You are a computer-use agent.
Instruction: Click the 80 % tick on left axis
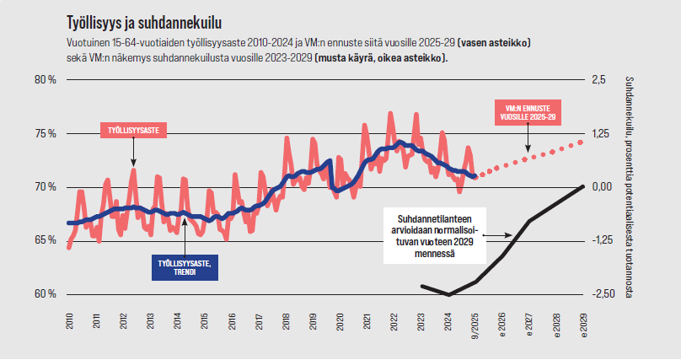coord(45,79)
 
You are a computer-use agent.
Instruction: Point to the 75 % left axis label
coord(45,133)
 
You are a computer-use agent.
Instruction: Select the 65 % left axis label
coord(45,240)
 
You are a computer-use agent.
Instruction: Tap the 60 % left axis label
coord(45,293)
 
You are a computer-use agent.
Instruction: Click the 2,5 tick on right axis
coord(599,79)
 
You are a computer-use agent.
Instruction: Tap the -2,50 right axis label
coord(603,293)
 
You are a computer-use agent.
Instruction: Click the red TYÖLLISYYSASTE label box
coord(133,129)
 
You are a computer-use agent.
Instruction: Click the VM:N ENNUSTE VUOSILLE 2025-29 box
coord(527,114)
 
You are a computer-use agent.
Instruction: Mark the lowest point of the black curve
coord(449,294)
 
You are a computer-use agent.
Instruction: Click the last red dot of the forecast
coord(582,142)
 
